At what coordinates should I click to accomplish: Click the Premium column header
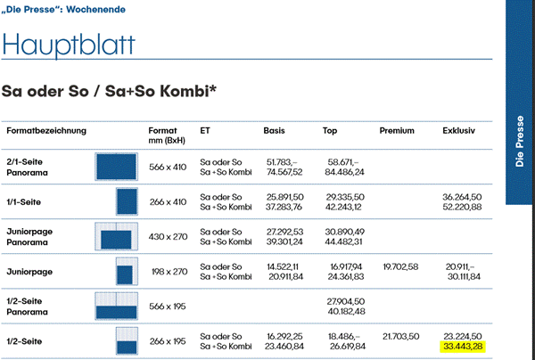(397, 131)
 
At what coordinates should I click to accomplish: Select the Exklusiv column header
(459, 131)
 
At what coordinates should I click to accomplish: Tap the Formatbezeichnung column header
(46, 131)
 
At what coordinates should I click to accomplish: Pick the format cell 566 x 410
(168, 168)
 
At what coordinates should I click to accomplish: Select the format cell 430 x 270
(168, 236)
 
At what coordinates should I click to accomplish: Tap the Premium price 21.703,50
(399, 335)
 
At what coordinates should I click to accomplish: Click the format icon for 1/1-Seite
(125, 201)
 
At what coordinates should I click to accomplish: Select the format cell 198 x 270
(168, 271)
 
